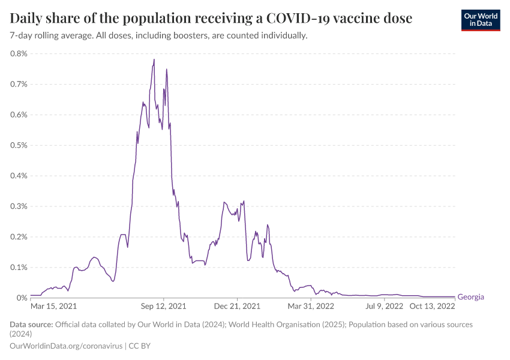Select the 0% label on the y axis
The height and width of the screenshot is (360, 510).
22,298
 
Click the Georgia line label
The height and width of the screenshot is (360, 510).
470,297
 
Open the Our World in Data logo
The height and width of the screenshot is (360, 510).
481,20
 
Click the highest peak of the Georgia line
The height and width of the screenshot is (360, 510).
154,59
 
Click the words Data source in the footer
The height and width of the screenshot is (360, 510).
31,325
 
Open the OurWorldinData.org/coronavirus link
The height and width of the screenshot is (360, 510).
66,346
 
